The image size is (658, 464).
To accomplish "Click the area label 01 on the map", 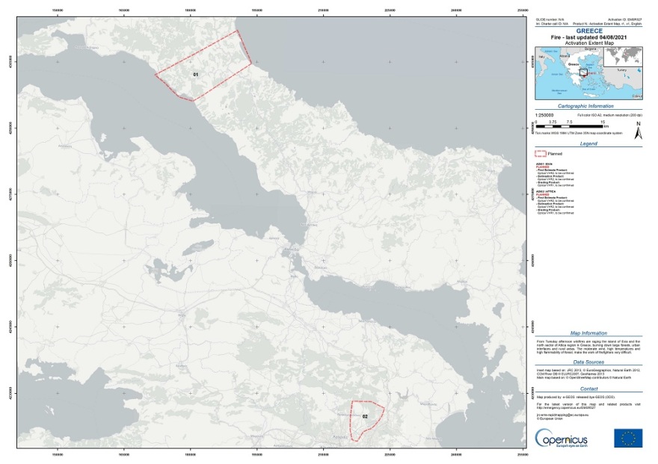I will point(195,75).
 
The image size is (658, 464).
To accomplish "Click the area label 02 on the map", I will point(365,416).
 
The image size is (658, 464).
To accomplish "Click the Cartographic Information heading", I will point(584,106).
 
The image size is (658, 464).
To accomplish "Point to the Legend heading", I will point(588,143).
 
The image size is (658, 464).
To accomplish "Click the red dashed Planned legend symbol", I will point(541,153).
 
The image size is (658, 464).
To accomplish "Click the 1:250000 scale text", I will point(544,115).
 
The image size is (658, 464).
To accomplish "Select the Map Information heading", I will point(588,333).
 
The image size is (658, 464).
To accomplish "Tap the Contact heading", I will point(588,389).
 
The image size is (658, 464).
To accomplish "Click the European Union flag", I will point(628,439).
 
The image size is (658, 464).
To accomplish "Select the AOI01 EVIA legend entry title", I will point(544,163).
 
